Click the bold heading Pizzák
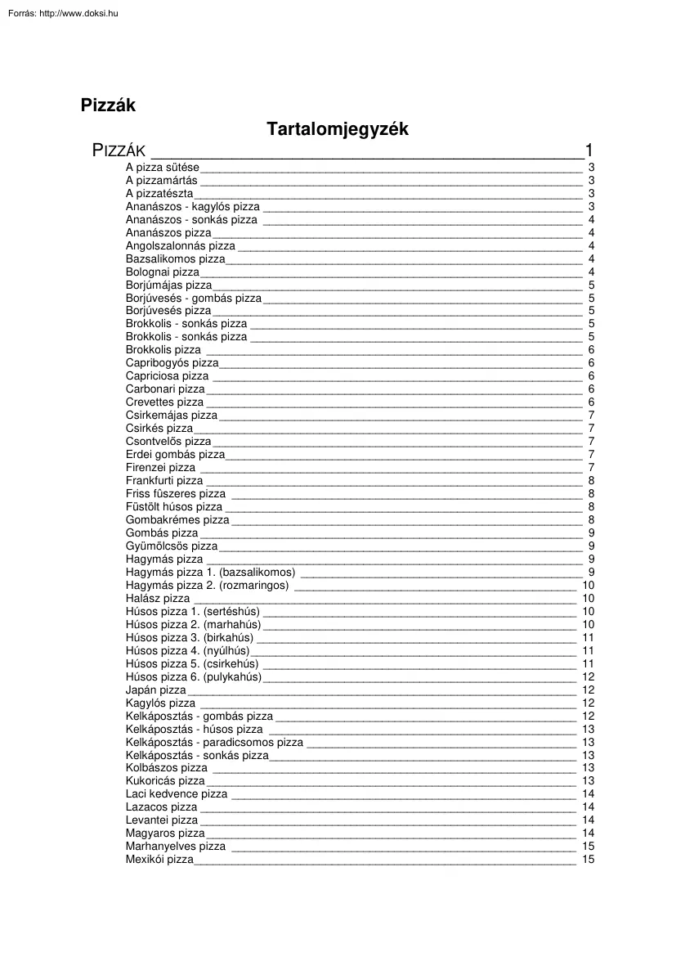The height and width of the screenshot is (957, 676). (108, 106)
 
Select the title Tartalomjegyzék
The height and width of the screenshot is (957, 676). (337, 129)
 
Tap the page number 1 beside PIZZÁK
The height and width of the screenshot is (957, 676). (589, 150)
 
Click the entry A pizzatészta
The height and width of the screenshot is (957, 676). (159, 193)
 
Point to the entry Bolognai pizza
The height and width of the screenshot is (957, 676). (162, 272)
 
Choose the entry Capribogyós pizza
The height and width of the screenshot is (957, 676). (172, 363)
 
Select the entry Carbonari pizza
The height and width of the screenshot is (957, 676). (165, 389)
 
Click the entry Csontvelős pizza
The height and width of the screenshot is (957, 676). (168, 442)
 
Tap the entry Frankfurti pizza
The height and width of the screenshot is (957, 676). (164, 481)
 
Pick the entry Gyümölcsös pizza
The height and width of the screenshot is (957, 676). (172, 546)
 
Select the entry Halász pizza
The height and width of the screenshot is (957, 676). (158, 599)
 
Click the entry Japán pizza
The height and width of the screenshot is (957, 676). (156, 690)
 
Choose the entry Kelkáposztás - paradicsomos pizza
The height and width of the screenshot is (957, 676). (214, 743)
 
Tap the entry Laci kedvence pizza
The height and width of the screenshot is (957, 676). (177, 794)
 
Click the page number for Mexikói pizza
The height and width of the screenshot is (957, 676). (589, 860)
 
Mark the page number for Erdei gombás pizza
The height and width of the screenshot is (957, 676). (591, 455)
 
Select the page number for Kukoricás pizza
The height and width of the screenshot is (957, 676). (589, 781)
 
